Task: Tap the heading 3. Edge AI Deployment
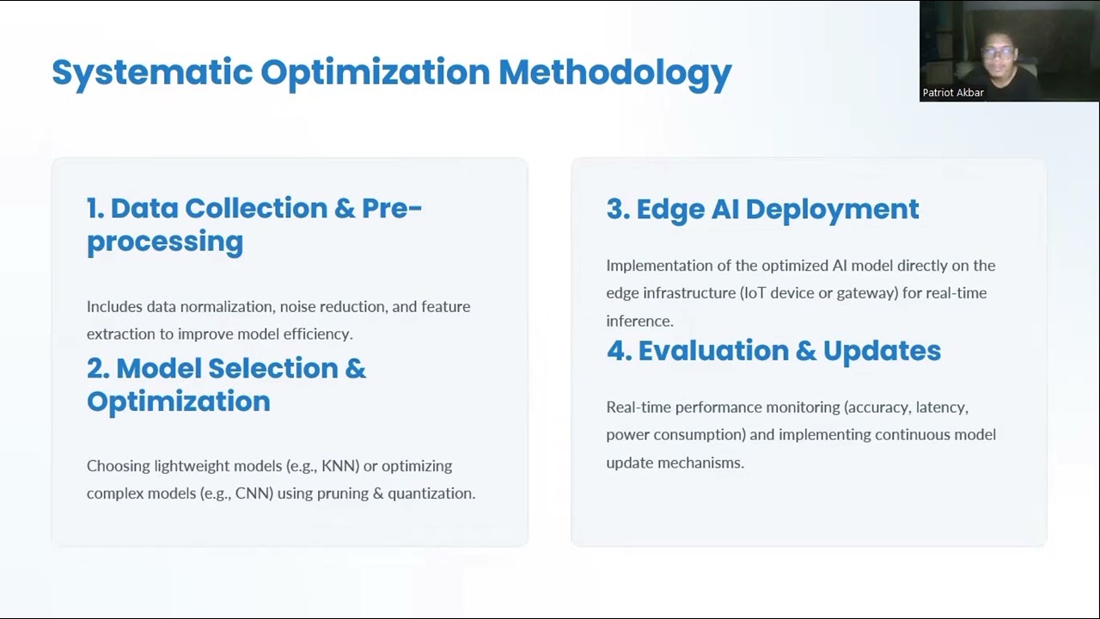(762, 209)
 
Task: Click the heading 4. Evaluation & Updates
(773, 351)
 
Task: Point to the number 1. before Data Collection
(95, 208)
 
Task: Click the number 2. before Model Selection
(98, 369)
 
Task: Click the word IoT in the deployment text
(755, 293)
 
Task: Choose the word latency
(941, 408)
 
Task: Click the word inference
(639, 322)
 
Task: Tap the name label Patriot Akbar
(953, 93)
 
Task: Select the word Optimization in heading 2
(178, 402)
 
